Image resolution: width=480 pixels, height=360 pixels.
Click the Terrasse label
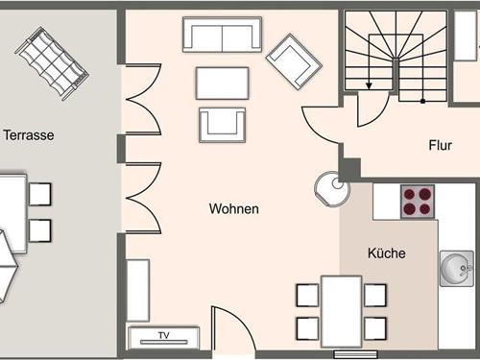coord(28,135)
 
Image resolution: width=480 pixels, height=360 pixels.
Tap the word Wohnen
coord(234,208)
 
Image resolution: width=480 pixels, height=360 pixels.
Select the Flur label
coord(441,146)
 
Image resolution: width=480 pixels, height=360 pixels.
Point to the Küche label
coord(386,253)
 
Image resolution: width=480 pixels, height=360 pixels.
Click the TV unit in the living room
coord(163,336)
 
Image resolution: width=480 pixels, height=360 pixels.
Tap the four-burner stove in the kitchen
coord(418,202)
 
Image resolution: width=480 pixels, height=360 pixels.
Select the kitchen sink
coord(456,268)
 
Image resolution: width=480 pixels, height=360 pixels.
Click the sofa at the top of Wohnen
coord(222,35)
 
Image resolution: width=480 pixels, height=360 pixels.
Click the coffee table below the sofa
coord(222,83)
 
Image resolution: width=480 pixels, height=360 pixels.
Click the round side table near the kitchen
coord(329,187)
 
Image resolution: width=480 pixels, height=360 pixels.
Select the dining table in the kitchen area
coord(341,309)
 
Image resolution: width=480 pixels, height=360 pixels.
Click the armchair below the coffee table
coord(222,123)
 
